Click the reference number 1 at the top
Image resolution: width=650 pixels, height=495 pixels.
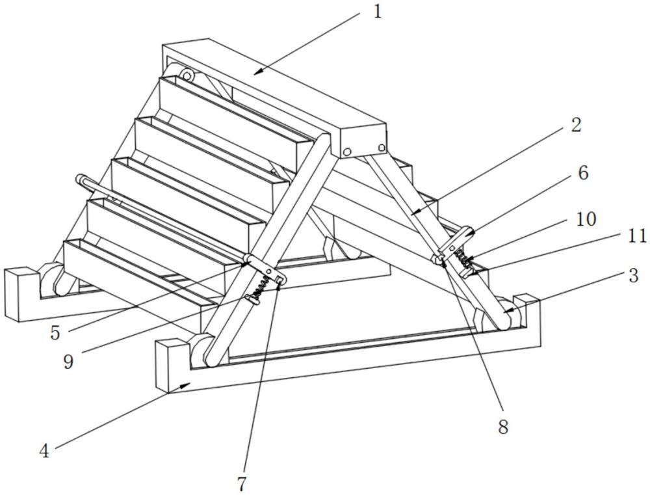pyautogui.click(x=377, y=12)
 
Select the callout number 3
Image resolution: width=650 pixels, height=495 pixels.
pyautogui.click(x=633, y=276)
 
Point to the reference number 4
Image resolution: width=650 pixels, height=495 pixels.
pyautogui.click(x=44, y=450)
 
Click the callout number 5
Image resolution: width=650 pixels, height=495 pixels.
pyautogui.click(x=55, y=332)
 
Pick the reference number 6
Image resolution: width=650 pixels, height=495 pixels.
pyautogui.click(x=582, y=173)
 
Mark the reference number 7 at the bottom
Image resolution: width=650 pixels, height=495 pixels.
pyautogui.click(x=242, y=484)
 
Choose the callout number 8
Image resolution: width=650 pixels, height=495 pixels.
pyautogui.click(x=502, y=427)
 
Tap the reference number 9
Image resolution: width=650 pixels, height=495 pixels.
pyautogui.click(x=68, y=361)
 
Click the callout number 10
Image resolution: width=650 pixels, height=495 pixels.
pyautogui.click(x=586, y=219)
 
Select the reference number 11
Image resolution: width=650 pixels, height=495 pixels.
pyautogui.click(x=637, y=235)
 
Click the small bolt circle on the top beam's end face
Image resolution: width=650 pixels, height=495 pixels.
pyautogui.click(x=348, y=152)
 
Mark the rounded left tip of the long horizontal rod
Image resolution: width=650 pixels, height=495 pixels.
pyautogui.click(x=81, y=180)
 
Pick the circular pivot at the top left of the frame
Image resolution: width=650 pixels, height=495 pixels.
pyautogui.click(x=187, y=76)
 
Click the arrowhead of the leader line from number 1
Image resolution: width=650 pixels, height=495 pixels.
pyautogui.click(x=256, y=72)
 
